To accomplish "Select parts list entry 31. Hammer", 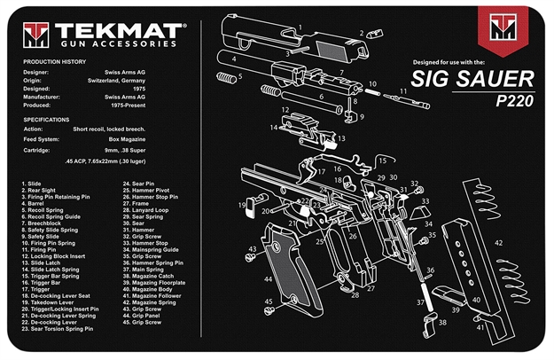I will (x=136, y=231).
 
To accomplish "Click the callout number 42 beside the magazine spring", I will (x=498, y=242).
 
